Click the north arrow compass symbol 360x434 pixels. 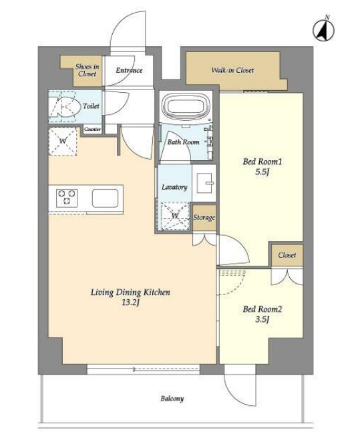click(323, 29)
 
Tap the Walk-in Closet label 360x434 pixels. click(232, 70)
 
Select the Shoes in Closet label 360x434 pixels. click(87, 70)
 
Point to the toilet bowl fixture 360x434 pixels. click(65, 107)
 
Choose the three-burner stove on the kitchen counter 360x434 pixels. click(67, 198)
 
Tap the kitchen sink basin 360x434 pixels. click(105, 198)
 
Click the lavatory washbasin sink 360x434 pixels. click(204, 183)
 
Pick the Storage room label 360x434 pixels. click(204, 218)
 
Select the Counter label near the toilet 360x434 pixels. click(92, 130)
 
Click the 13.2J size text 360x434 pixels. click(130, 302)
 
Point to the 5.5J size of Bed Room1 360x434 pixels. click(262, 172)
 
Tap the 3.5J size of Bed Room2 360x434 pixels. click(262, 319)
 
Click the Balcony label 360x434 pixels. click(172, 399)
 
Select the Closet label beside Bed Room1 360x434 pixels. click(287, 255)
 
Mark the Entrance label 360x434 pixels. click(129, 70)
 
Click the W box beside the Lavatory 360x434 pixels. click(174, 216)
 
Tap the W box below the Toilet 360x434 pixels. click(63, 142)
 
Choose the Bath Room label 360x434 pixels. click(183, 142)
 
